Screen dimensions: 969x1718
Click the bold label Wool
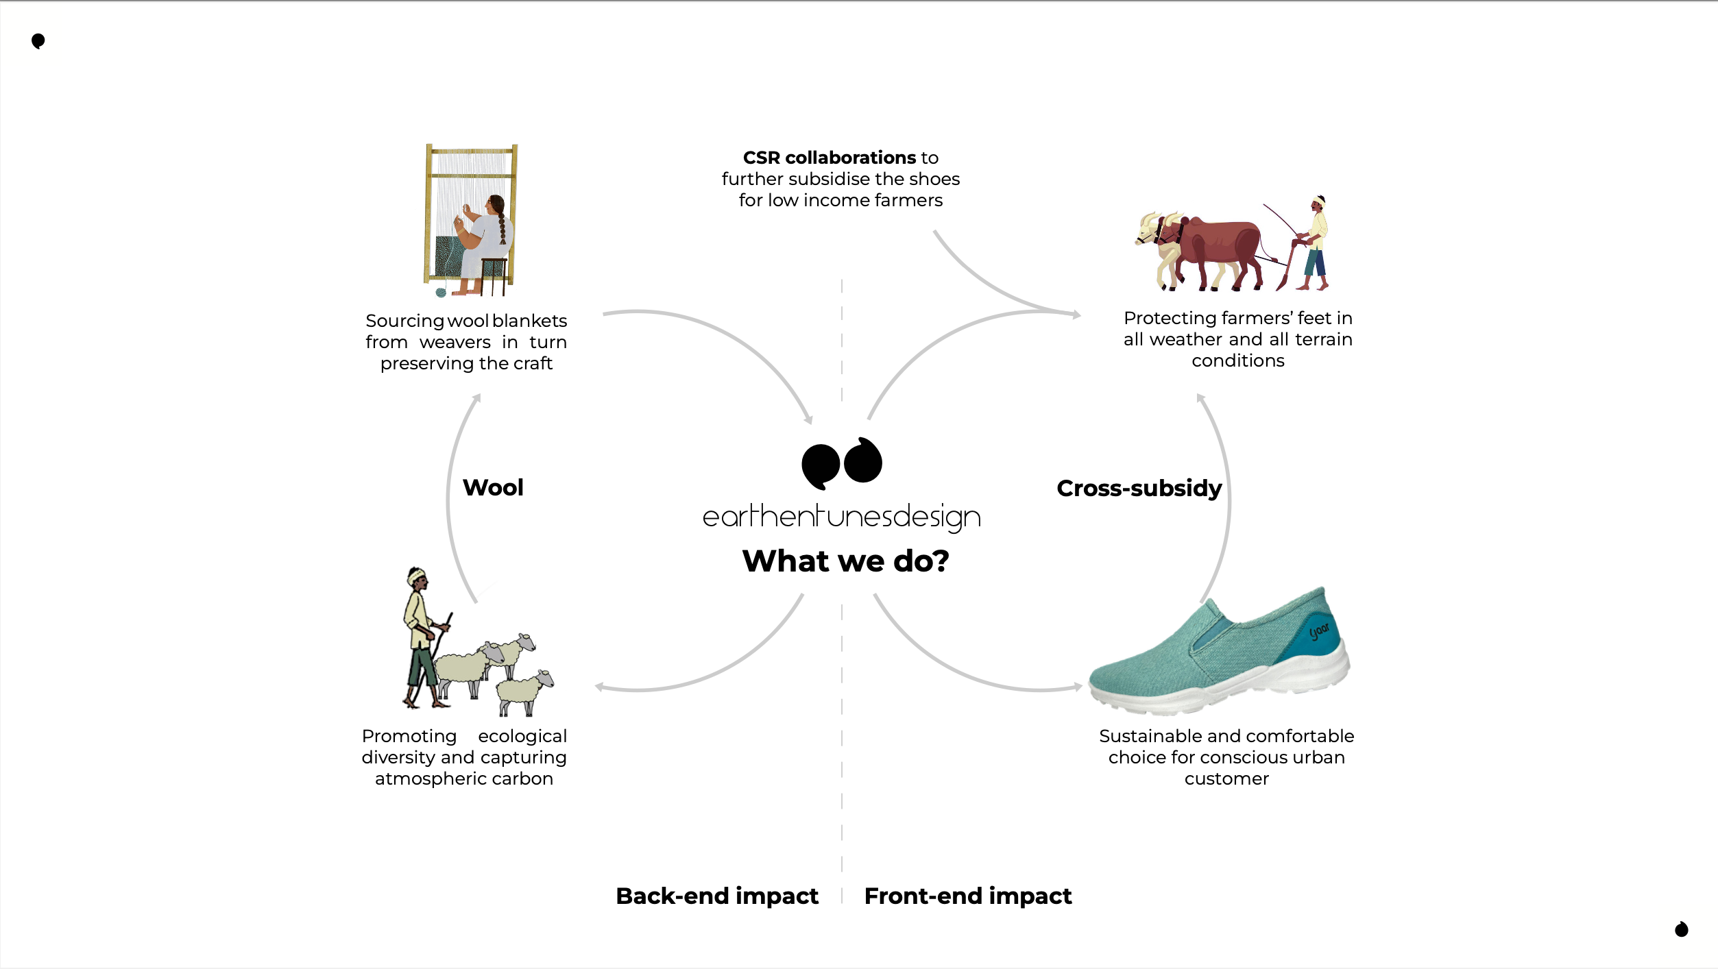coord(493,487)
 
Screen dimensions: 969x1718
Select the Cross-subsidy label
coord(1139,488)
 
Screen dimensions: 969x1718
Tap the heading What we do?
coord(845,561)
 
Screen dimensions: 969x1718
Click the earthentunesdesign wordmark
coord(841,517)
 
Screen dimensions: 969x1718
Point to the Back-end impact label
coord(717,896)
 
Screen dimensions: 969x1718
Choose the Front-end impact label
coord(967,896)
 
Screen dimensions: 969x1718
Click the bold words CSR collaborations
coord(829,158)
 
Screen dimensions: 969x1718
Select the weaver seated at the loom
coord(484,240)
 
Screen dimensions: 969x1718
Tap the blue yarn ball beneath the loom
coord(441,293)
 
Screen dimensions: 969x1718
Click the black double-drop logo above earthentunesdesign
coord(841,463)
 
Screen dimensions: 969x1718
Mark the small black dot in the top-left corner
coord(38,41)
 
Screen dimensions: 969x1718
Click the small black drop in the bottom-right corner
coord(1681,929)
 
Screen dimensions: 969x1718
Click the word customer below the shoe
coord(1226,778)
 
